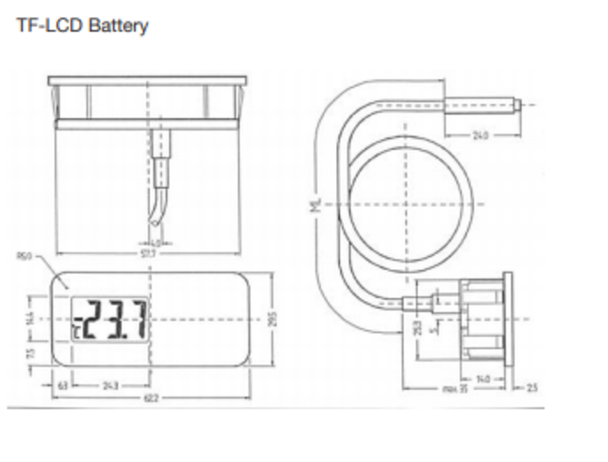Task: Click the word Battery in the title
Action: [118, 26]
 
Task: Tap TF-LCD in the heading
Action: [49, 25]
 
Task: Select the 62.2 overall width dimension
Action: [151, 398]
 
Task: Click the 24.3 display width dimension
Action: [110, 385]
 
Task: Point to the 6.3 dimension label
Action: [63, 385]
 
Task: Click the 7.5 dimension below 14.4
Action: [30, 353]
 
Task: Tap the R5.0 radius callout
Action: [24, 256]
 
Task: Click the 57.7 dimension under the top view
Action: [148, 254]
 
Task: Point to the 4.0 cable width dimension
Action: [156, 243]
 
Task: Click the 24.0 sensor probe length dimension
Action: [480, 135]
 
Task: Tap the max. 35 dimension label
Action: [455, 389]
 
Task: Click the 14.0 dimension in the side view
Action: [483, 379]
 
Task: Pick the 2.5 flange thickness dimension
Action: [532, 388]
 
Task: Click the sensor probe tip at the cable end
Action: [517, 105]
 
